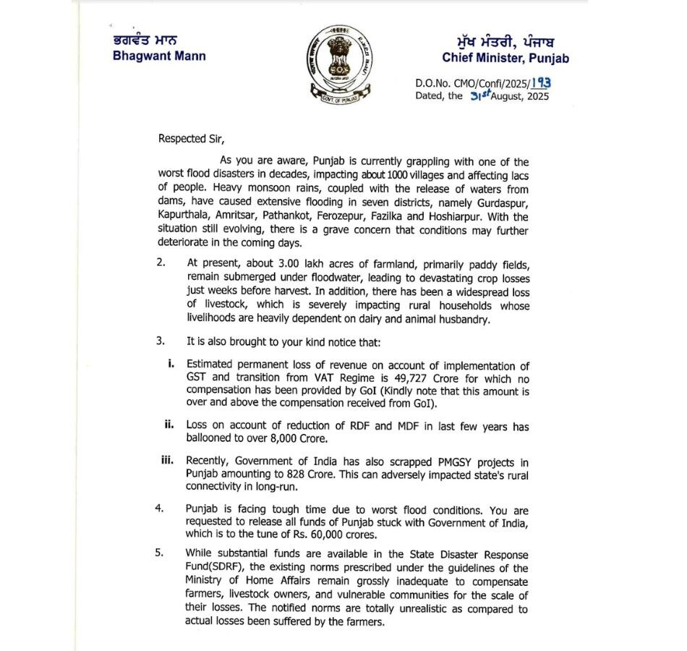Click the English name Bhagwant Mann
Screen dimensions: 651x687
[159, 56]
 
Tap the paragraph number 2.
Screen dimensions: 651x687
[161, 263]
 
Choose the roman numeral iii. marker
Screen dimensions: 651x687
[167, 460]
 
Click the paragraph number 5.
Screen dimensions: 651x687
[160, 554]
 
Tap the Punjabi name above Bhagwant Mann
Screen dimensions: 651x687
[144, 41]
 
